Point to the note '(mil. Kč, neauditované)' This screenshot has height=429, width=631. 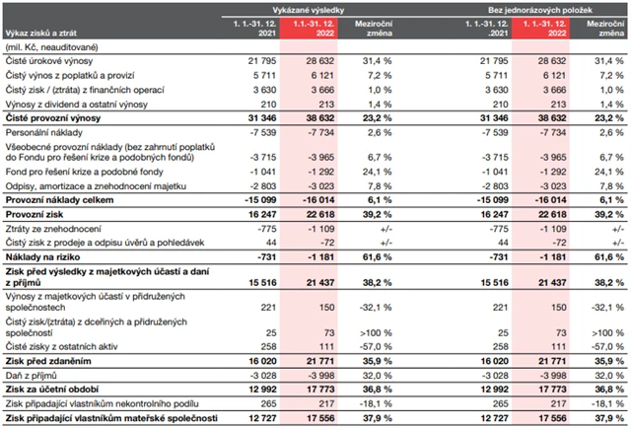click(54, 46)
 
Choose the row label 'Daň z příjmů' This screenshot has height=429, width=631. click(31, 375)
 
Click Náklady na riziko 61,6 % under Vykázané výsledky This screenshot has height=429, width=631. click(365, 254)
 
